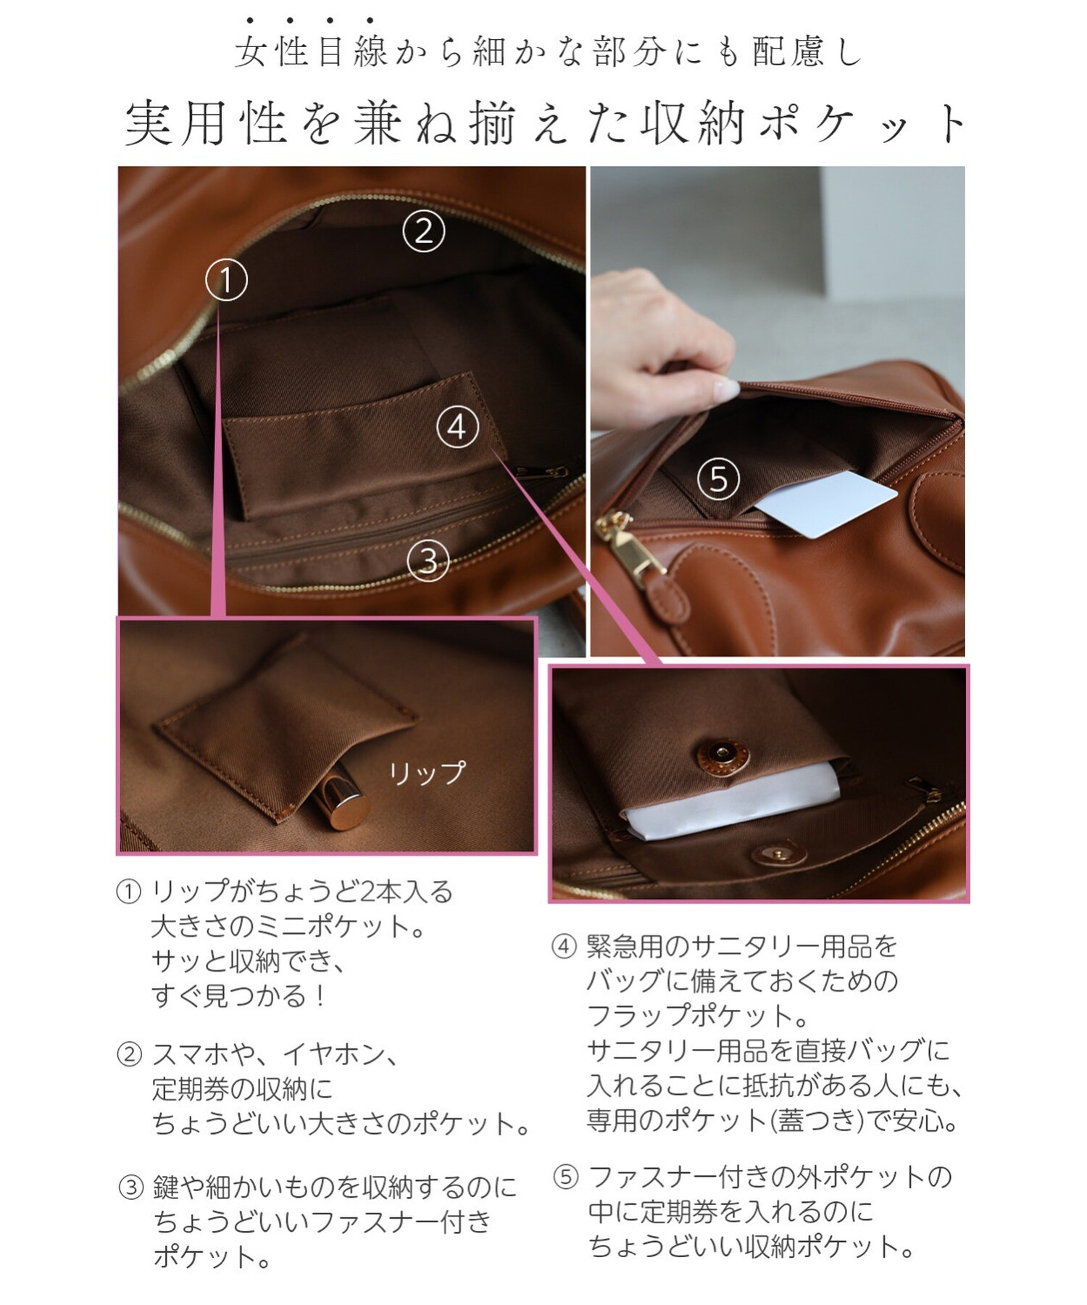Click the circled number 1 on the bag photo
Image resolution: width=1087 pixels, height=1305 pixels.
point(226,281)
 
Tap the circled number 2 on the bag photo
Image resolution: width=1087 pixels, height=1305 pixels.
point(424,231)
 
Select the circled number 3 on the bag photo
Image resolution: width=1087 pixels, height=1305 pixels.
point(428,561)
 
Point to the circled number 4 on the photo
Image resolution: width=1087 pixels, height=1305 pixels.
point(457,427)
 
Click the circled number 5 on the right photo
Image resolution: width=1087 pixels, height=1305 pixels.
point(718,478)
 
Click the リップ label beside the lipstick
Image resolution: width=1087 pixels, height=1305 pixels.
point(427,773)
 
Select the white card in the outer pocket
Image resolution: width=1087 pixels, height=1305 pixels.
point(826,505)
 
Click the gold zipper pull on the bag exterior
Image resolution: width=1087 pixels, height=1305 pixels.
point(628,547)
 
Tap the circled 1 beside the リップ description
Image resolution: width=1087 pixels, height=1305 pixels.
point(128,892)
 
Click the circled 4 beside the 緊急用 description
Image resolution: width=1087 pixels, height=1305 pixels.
point(564,947)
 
